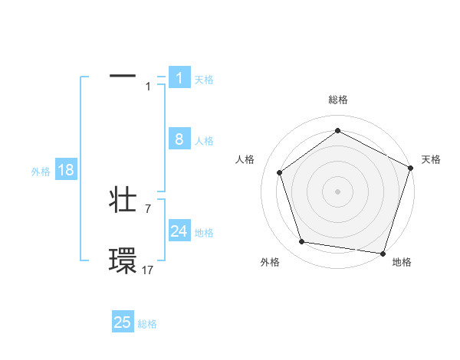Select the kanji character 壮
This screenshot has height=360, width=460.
point(123,201)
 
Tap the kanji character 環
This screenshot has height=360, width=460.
point(123,261)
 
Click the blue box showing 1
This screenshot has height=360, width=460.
point(179,78)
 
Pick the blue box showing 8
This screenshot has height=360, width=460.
point(179,139)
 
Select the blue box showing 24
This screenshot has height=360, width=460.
point(179,231)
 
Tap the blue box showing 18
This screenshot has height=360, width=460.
point(66,170)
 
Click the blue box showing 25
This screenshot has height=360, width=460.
point(123,322)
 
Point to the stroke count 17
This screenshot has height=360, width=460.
point(148,269)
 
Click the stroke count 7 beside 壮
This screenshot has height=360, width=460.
point(148,208)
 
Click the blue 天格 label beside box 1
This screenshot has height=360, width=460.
point(204,80)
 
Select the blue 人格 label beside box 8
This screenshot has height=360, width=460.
point(204,141)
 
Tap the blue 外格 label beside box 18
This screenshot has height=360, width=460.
point(41,172)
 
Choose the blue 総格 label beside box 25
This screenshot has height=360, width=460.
point(147,324)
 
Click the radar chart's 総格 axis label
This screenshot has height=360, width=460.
point(337,100)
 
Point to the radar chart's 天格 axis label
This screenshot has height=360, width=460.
point(431,159)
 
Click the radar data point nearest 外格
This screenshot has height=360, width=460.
point(302,242)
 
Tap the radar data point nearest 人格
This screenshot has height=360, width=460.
point(280,172)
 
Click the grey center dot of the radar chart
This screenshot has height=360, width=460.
point(337,191)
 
